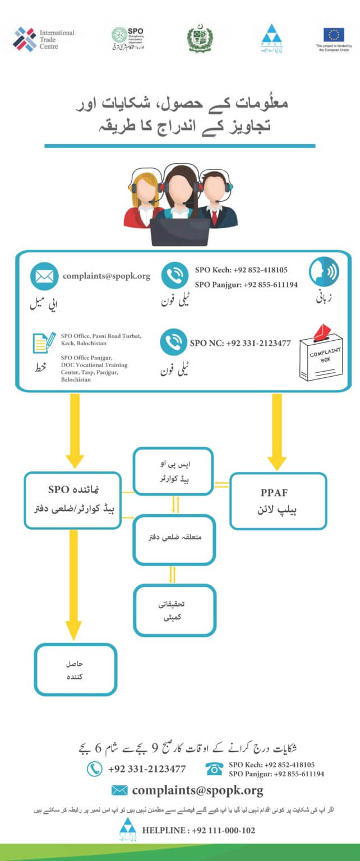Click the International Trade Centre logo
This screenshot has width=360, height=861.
[44, 39]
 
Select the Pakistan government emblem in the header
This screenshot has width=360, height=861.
[200, 39]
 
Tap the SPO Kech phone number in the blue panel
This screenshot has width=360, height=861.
[241, 270]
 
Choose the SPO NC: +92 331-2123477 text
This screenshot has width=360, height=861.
[240, 343]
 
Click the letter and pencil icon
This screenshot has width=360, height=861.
[43, 344]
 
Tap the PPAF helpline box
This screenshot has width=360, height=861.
[278, 501]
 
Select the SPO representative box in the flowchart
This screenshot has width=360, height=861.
[73, 500]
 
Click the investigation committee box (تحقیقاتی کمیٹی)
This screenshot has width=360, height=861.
[174, 610]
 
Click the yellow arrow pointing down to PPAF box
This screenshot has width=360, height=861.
[276, 431]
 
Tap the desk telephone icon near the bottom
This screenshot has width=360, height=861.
[214, 769]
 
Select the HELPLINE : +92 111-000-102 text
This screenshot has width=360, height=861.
[199, 830]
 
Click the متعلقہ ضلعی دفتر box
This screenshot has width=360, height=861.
[174, 538]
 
